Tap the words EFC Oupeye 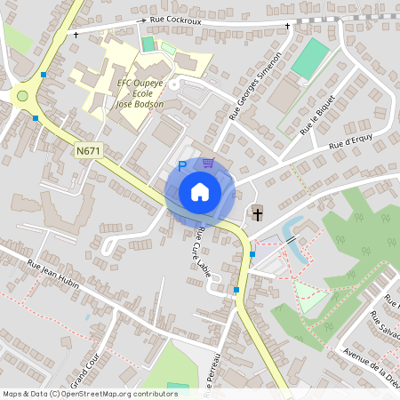140,83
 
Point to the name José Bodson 140,103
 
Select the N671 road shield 88,151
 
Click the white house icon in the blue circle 200,191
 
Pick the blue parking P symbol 183,165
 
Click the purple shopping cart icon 208,162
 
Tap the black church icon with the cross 257,212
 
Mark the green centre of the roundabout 22,96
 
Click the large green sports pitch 308,58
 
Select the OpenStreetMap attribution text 90,393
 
